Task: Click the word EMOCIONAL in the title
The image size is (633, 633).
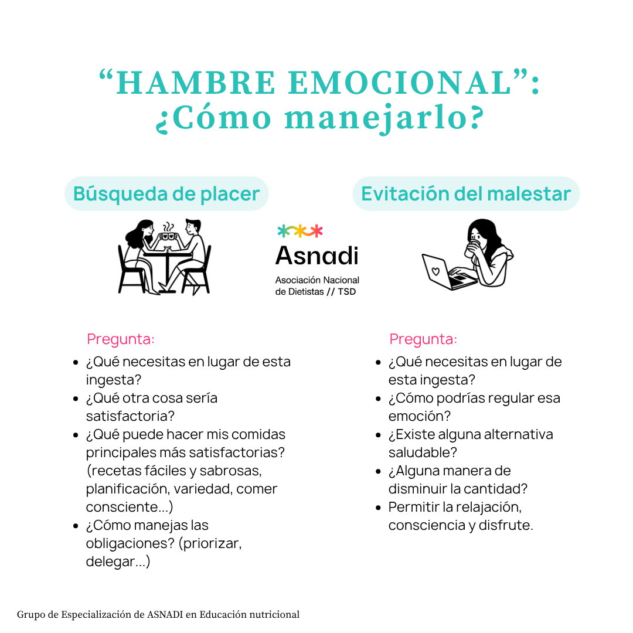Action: tap(400, 83)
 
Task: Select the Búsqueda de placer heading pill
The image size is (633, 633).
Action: tap(166, 194)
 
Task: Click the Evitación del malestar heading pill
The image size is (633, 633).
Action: tap(466, 194)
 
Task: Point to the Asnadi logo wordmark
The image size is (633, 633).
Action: tap(317, 256)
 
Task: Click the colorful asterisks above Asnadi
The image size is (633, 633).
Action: tap(300, 231)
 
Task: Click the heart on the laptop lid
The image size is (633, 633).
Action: tap(435, 271)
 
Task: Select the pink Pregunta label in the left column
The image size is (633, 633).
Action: tap(120, 339)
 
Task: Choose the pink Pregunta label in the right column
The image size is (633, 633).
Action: tap(423, 339)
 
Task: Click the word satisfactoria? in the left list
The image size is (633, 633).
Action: tap(130, 416)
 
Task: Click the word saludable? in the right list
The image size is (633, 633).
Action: tap(423, 452)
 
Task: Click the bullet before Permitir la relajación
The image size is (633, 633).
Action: tap(378, 508)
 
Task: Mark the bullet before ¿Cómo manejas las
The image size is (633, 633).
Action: tap(76, 526)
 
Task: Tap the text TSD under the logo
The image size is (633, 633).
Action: tap(347, 292)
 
